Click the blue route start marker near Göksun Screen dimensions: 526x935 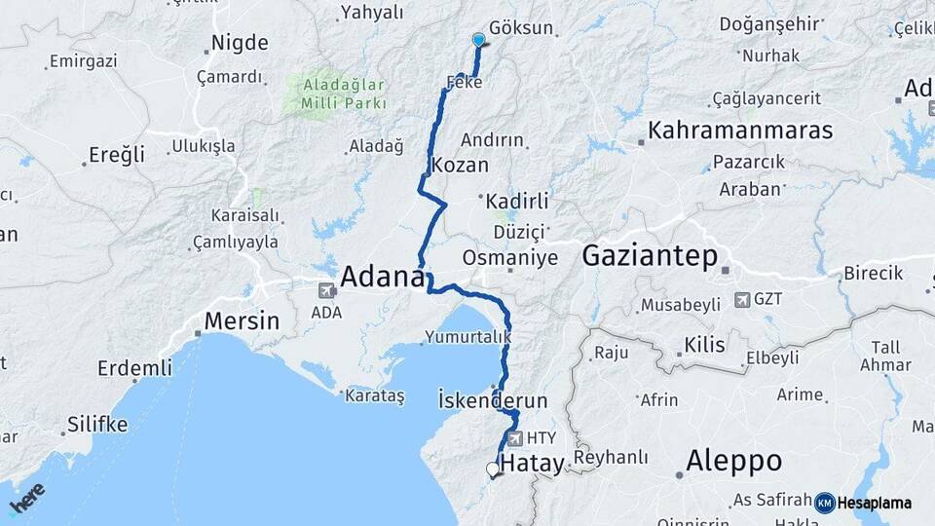(478, 39)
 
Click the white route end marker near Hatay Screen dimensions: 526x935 (493, 470)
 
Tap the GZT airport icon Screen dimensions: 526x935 (743, 299)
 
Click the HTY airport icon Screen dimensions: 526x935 (514, 438)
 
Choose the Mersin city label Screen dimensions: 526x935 (242, 320)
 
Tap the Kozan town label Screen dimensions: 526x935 (459, 166)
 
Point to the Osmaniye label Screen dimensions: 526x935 (510, 258)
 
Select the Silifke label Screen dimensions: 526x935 (97, 424)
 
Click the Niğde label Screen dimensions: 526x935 (239, 44)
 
